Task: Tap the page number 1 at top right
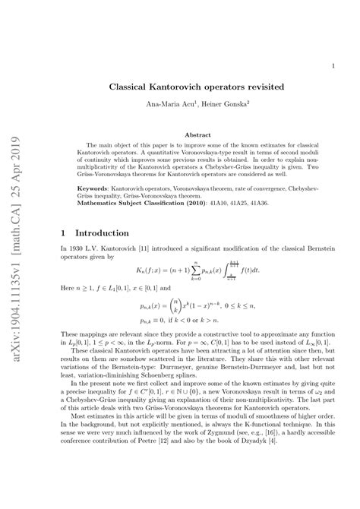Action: (x=334, y=65)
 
